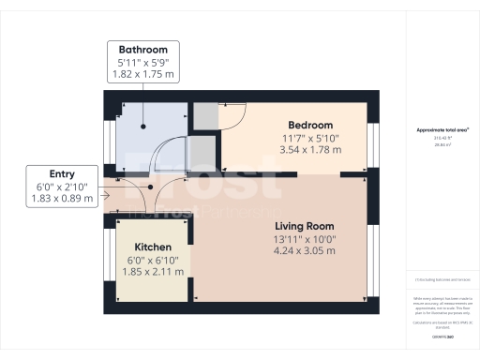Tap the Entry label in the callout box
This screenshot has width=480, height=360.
(62, 173)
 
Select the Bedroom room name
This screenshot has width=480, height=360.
(309, 126)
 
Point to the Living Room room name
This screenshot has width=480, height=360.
(306, 226)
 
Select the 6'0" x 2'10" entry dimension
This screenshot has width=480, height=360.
(62, 186)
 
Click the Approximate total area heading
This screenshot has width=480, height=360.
(442, 130)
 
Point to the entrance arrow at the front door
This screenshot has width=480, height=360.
(102, 195)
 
